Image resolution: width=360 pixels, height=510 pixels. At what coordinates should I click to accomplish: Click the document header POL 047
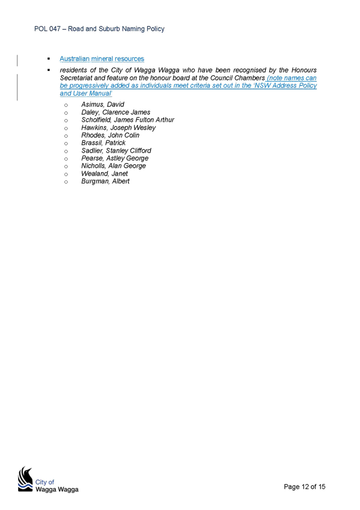point(47,29)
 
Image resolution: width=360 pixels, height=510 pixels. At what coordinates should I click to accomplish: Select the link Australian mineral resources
point(102,59)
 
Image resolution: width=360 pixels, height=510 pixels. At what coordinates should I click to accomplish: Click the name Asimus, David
point(103,105)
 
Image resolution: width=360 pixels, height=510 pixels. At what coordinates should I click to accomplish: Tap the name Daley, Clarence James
point(115,112)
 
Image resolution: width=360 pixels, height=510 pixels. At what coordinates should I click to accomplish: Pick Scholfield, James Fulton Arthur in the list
point(127,120)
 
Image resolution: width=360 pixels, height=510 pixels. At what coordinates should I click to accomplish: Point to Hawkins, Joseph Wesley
point(118,127)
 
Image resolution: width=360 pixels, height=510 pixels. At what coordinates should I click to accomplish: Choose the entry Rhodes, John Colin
point(110,135)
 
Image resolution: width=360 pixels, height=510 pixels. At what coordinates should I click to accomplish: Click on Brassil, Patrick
point(103,143)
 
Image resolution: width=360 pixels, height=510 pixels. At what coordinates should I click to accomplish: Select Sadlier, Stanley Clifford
point(117,150)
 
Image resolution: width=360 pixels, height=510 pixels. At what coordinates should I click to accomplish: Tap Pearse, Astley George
point(115,158)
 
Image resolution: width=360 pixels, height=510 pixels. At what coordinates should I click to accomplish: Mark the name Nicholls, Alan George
point(114,166)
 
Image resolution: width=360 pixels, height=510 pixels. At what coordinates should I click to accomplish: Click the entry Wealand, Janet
point(105,174)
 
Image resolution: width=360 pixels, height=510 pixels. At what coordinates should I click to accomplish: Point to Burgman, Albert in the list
point(105,181)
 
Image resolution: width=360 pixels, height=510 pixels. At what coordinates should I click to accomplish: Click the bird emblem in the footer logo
point(25,479)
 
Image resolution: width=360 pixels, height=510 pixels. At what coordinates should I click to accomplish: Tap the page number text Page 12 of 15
point(305,487)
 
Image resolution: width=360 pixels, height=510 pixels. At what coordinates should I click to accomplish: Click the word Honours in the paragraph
point(304,70)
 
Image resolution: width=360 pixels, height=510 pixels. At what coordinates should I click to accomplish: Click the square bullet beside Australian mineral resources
point(49,59)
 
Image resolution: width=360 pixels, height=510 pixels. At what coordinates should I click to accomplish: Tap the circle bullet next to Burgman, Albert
point(66,182)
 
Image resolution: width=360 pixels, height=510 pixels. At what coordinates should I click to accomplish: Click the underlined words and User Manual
point(85,93)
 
